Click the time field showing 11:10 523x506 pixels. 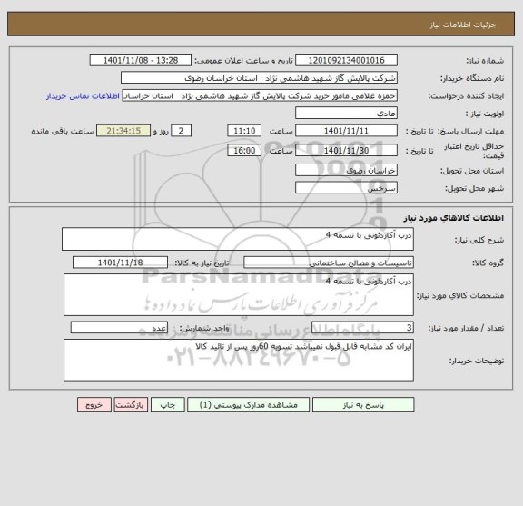coord(242,131)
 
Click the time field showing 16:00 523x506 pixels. coord(242,150)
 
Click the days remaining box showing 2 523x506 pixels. coord(184,131)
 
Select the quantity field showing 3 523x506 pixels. coord(363,327)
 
